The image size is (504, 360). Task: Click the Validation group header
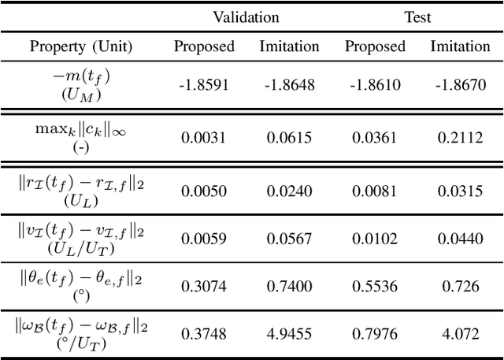pos(246,17)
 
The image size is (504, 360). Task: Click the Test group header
pos(417,17)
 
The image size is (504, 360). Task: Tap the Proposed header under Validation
pos(204,46)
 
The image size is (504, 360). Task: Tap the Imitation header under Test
pos(459,46)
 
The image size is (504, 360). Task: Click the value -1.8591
pos(204,84)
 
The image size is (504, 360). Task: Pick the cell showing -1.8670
pos(459,84)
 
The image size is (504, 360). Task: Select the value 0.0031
pos(204,137)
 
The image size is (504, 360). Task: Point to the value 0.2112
pos(459,137)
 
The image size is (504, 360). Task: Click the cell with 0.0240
pos(290,191)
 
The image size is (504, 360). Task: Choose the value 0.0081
pos(375,191)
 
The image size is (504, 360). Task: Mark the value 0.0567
pos(290,238)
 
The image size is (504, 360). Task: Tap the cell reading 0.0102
pos(375,238)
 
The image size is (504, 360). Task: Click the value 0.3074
pos(204,285)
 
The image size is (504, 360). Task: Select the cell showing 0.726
pos(459,285)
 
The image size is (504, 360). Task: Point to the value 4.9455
pos(290,332)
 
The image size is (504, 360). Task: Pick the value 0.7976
pos(375,332)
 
